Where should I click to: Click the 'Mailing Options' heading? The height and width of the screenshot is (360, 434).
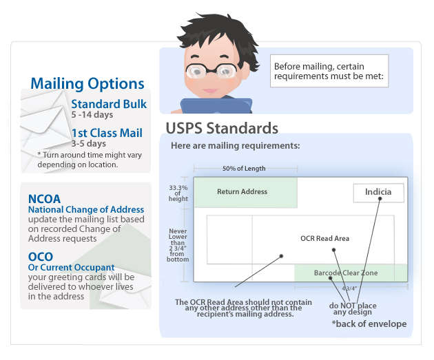click(87, 83)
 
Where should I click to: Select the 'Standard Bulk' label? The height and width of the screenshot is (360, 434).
click(109, 104)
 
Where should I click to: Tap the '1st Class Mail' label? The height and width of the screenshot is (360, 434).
click(107, 133)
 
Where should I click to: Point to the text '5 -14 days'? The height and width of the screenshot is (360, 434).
click(92, 114)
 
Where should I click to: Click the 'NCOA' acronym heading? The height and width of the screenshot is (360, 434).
click(44, 199)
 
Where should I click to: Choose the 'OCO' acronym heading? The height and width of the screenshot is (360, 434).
click(41, 257)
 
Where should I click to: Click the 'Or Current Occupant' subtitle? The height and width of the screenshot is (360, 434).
click(71, 267)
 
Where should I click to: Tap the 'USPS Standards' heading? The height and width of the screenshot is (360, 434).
click(222, 128)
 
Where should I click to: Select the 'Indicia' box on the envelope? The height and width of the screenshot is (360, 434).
click(378, 193)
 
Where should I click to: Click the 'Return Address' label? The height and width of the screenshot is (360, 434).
click(242, 191)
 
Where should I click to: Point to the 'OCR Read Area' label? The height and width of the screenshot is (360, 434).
click(325, 238)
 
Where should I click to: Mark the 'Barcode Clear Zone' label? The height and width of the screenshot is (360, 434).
click(346, 273)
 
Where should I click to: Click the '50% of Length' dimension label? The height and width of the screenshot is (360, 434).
click(244, 169)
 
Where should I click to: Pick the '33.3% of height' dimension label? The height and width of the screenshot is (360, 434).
click(178, 193)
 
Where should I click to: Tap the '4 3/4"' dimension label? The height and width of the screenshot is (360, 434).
click(349, 288)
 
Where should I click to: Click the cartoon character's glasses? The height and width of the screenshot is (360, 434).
click(211, 70)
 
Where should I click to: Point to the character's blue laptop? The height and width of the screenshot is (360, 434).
click(216, 106)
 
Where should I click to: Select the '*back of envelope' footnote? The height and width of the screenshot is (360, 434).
click(369, 324)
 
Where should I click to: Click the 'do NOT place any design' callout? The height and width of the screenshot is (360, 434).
click(353, 309)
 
